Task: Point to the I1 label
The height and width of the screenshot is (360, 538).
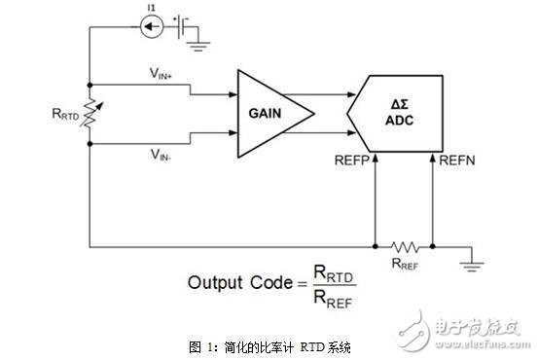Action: [151, 9]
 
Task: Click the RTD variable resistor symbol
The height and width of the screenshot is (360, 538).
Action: [89, 113]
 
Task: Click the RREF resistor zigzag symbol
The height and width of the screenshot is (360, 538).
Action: [405, 245]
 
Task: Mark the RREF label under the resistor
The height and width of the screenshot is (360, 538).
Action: [407, 264]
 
